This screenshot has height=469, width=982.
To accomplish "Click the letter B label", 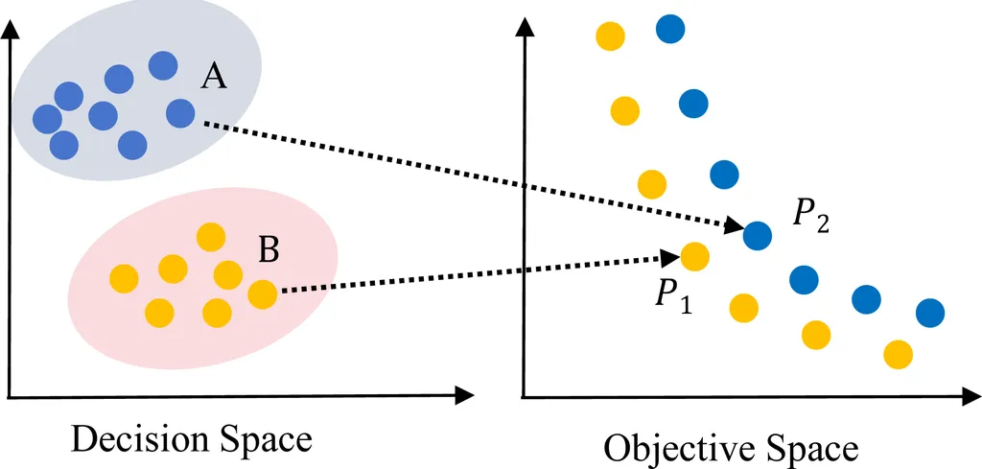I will coord(269,251).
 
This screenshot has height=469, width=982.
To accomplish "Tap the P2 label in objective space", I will coord(810,217).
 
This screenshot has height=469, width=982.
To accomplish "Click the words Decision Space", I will coord(192,440).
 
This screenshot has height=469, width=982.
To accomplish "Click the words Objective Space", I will coord(731,448).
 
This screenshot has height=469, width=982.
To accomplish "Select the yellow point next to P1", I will coord(693,256).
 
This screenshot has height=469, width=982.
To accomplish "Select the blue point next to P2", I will coord(758,233).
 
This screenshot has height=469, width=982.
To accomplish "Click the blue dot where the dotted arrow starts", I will coord(181,114).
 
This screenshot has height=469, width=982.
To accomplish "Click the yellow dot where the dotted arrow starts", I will coord(262,293).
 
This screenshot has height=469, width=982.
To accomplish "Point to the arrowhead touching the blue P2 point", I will coord(734,226).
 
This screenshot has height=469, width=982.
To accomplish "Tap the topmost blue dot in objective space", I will coord(671,29).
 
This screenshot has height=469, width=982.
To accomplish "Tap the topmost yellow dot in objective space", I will coord(611,36).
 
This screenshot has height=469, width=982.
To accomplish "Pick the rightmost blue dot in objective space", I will coord(929,312).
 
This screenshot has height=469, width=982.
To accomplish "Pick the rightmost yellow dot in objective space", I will coord(898,354).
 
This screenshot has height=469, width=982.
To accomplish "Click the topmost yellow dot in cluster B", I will coord(210,236).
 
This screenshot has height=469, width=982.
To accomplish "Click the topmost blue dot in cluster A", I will coord(163,64).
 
